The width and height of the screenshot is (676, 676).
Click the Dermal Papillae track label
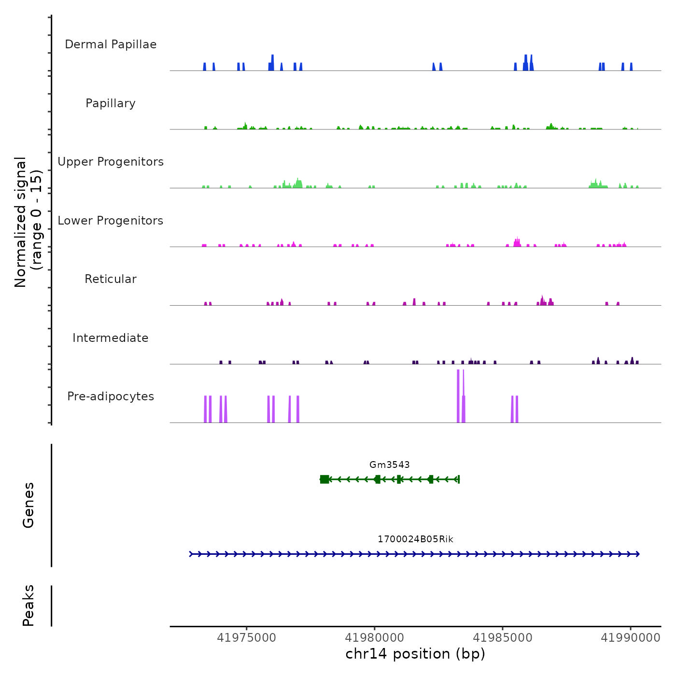click(x=111, y=44)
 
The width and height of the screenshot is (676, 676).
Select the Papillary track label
click(x=111, y=103)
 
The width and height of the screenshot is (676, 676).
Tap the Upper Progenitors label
click(x=111, y=162)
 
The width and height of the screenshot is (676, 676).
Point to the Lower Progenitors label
click(x=111, y=221)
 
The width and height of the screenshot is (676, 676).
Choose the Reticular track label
click(x=111, y=279)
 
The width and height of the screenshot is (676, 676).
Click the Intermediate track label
click(x=111, y=338)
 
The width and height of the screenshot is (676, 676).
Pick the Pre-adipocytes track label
click(x=111, y=396)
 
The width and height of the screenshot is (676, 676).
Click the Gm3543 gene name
click(x=389, y=465)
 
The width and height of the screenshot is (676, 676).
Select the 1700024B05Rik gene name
click(x=415, y=539)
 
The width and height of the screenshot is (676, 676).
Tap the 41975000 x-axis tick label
click(x=246, y=637)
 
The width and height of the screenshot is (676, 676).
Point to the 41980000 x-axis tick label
click(x=374, y=637)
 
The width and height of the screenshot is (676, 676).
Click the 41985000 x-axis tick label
click(x=502, y=637)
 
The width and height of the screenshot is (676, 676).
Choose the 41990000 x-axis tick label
click(x=630, y=637)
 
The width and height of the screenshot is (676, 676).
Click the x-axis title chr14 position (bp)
click(x=415, y=654)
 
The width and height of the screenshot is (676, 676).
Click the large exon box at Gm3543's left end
click(x=324, y=479)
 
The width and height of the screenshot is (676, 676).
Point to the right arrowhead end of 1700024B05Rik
click(x=638, y=554)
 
